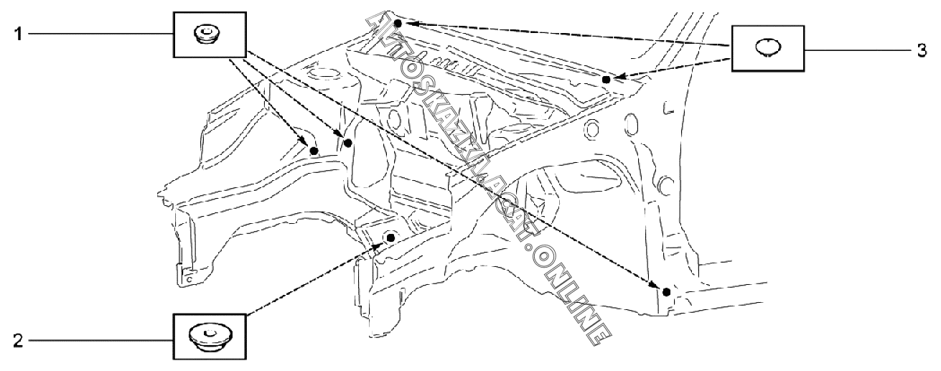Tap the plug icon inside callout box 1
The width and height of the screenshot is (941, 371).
coord(206,33)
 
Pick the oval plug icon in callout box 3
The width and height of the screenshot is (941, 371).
coord(767,47)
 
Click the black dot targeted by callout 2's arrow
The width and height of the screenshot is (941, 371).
coord(391,237)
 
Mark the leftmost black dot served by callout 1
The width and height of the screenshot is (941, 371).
coord(313,151)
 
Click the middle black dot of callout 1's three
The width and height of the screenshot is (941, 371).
coord(348,144)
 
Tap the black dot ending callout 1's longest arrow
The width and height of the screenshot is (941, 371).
coord(667,291)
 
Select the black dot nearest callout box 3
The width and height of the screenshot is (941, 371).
coord(607,80)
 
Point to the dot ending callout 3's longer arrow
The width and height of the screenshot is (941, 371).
coord(397,23)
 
